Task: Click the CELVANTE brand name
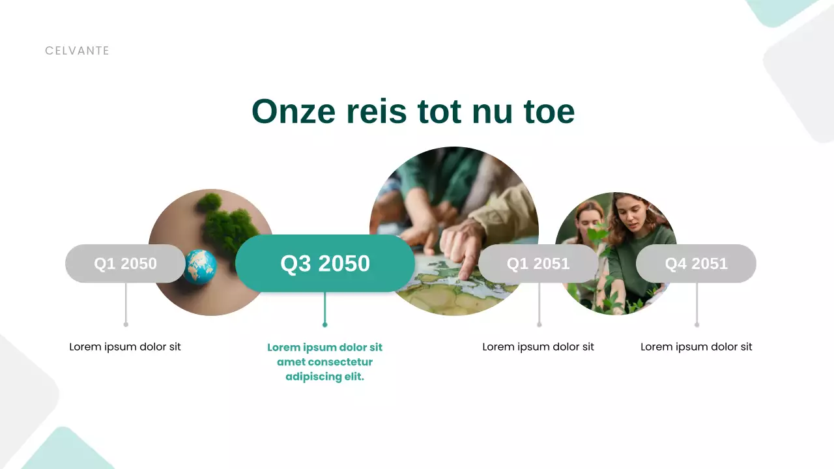(x=77, y=51)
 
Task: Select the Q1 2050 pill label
(x=125, y=264)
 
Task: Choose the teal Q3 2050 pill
(x=324, y=264)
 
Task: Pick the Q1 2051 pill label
(x=538, y=264)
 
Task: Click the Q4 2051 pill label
(x=696, y=264)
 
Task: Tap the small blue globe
(x=199, y=266)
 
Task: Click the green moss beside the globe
(x=228, y=225)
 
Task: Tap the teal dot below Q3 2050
(x=324, y=324)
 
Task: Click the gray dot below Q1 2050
(x=126, y=324)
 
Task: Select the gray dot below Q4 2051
(x=697, y=324)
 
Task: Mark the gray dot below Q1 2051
(x=539, y=324)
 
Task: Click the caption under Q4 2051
(x=696, y=347)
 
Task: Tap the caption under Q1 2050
(x=125, y=347)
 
